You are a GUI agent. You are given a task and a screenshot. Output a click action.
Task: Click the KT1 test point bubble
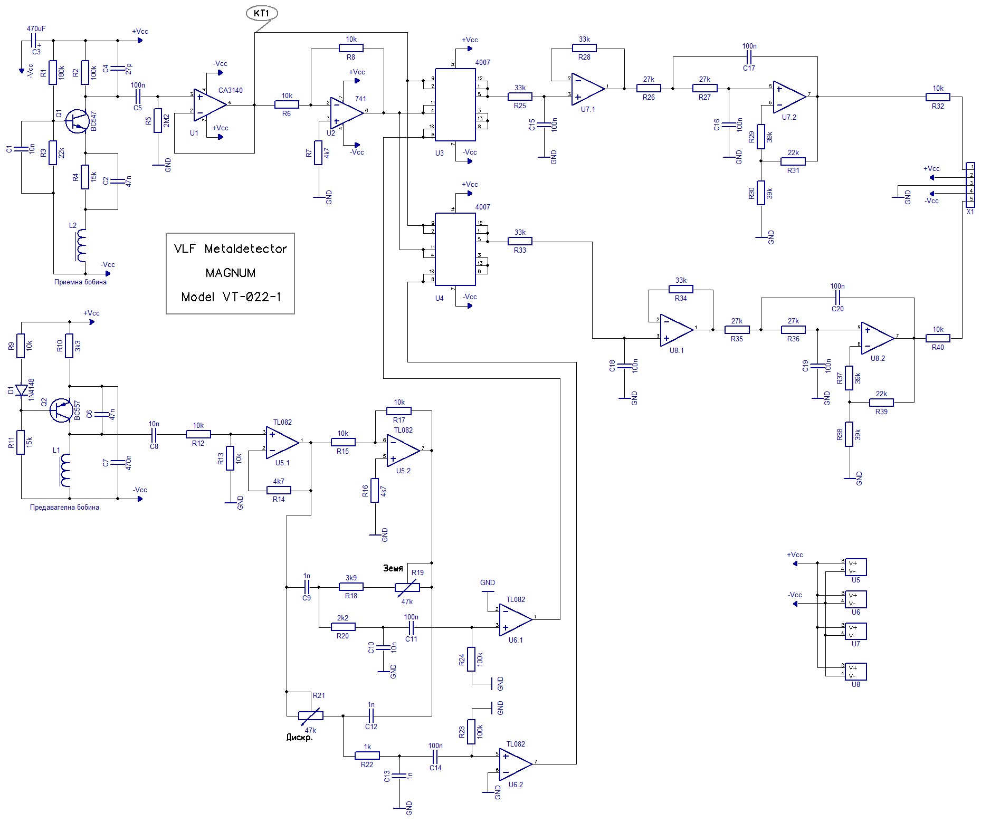click(262, 13)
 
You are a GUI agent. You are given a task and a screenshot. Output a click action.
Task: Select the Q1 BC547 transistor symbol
click(77, 121)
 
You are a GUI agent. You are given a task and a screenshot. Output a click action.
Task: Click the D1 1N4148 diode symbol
click(22, 390)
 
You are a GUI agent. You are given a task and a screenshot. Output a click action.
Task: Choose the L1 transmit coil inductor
click(65, 471)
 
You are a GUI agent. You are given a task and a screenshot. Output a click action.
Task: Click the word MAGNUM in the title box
click(231, 273)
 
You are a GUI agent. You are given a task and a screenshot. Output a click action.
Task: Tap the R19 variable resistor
click(408, 587)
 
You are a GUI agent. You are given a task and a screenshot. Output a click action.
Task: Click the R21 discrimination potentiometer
click(310, 716)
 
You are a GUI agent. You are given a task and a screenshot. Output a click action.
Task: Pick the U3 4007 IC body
click(455, 104)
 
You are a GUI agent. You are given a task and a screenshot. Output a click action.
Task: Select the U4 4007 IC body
click(455, 249)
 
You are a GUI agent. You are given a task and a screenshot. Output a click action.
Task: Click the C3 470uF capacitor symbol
click(35, 40)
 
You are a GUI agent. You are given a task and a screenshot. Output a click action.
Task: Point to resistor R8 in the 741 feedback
click(351, 48)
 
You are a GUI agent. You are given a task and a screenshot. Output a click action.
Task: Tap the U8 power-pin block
click(855, 671)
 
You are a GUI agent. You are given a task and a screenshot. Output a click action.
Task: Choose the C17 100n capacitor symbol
click(749, 56)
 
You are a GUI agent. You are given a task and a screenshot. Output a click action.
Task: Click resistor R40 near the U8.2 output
click(938, 338)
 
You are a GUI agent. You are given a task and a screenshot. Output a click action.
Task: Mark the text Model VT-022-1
click(231, 297)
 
